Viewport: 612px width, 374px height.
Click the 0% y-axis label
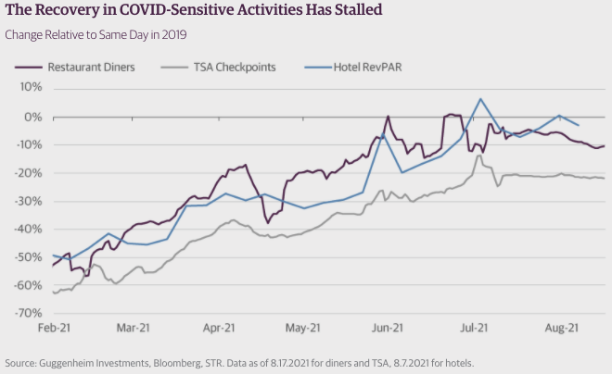tap(34, 117)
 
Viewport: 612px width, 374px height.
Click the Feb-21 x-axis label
tap(54, 327)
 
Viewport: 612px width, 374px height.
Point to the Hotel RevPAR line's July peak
tap(480, 99)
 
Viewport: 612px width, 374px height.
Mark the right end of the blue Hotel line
tap(580, 125)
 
